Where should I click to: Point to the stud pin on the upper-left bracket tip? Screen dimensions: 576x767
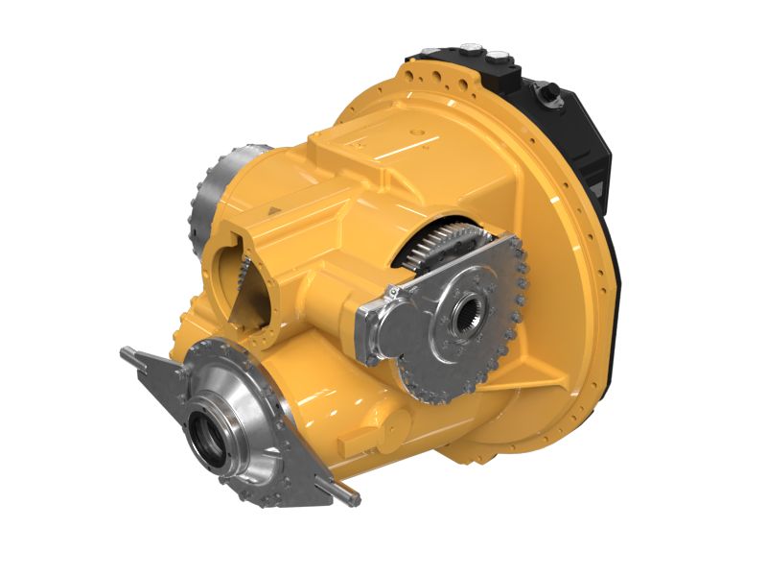[x=127, y=353]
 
